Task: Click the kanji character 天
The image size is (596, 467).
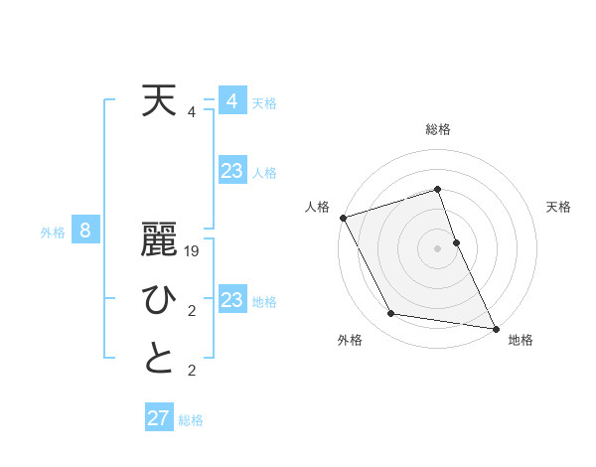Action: click(x=160, y=101)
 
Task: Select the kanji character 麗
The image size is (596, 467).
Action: click(x=160, y=241)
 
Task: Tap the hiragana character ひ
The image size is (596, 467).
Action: click(x=160, y=301)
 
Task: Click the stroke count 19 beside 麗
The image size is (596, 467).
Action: click(x=193, y=252)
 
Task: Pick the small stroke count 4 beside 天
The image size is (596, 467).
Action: click(x=192, y=112)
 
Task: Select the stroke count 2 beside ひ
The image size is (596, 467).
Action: click(x=192, y=312)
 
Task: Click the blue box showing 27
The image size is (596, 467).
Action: click(x=159, y=418)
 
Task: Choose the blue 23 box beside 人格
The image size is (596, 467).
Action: click(x=232, y=171)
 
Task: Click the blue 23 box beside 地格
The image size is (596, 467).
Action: click(x=232, y=300)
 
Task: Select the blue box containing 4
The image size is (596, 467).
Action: click(x=232, y=101)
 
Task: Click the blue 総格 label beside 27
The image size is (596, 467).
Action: click(x=191, y=420)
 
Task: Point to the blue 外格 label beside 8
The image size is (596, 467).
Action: click(x=53, y=233)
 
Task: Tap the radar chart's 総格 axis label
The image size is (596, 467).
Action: click(x=438, y=129)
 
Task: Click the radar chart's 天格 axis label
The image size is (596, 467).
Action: click(x=558, y=207)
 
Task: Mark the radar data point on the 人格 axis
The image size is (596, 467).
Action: click(x=343, y=218)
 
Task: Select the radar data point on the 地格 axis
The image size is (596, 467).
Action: click(x=495, y=327)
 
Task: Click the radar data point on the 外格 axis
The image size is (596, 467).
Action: click(x=391, y=314)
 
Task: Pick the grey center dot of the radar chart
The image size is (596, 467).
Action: click(x=438, y=248)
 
